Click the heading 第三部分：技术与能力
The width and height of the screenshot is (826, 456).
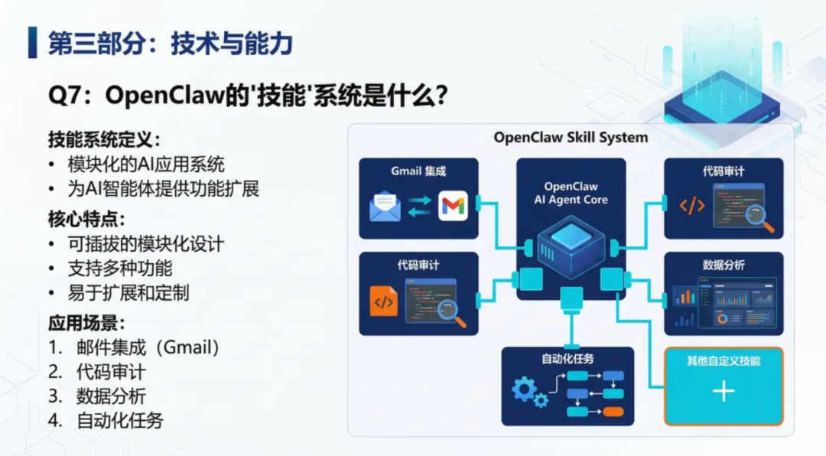(171, 43)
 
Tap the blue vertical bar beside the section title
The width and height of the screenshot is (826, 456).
(32, 43)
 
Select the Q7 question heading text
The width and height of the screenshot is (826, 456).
(248, 96)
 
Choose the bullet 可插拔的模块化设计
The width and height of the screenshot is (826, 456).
(146, 244)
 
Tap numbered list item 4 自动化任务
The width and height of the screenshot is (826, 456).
(119, 420)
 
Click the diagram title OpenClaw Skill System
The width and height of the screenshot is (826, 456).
(571, 138)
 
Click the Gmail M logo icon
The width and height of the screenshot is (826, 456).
(453, 207)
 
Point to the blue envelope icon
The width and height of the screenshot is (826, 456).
(385, 207)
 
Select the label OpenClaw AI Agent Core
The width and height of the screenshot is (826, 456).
(571, 193)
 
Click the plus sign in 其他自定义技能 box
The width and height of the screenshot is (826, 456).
(723, 392)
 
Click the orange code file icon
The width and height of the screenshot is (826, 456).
(383, 301)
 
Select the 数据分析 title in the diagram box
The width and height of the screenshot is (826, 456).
(723, 265)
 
